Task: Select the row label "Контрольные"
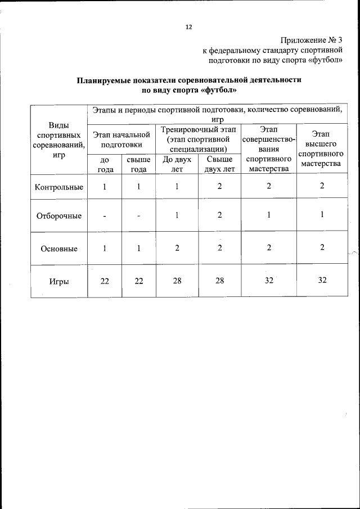click(59, 187)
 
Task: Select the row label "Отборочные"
click(59, 216)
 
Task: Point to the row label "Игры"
click(59, 281)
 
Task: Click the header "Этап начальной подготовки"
click(121, 139)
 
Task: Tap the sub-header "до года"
click(105, 164)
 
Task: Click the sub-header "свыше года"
click(138, 164)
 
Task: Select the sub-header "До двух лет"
click(177, 164)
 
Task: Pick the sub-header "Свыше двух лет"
click(219, 164)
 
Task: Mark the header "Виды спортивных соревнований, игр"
click(59, 140)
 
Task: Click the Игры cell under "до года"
click(105, 281)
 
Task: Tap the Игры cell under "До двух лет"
click(177, 281)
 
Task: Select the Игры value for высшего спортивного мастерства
click(322, 280)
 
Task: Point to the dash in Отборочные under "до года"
click(105, 217)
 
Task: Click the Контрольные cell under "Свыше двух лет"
click(219, 187)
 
